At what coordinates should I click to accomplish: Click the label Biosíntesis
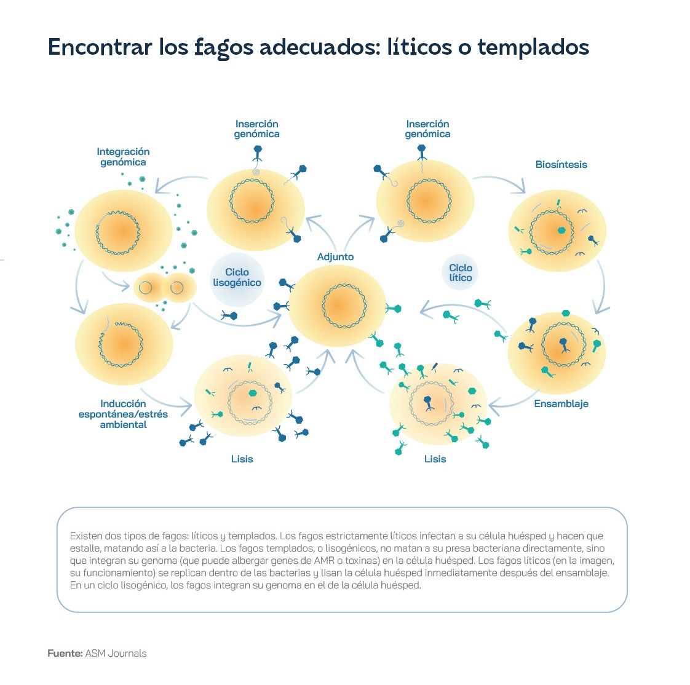point(561,165)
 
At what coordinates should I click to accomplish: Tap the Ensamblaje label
point(561,404)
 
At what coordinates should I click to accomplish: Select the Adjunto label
point(335,257)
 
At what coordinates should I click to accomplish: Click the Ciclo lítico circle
point(460,273)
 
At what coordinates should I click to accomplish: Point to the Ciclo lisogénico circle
point(237,279)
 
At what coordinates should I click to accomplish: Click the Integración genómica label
point(123,157)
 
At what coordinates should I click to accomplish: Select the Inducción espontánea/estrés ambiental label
point(123,414)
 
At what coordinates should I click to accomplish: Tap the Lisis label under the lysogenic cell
point(242,459)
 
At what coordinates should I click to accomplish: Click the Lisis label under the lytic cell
point(435,459)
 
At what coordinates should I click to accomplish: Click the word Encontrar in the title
point(100,47)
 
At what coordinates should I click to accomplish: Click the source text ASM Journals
point(116,653)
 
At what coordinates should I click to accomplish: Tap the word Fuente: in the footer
point(65,653)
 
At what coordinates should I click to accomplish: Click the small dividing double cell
point(165,288)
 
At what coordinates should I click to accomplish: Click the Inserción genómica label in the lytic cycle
point(428,129)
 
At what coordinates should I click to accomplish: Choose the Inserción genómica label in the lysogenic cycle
point(256,129)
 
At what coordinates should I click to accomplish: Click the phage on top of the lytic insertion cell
point(422,152)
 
